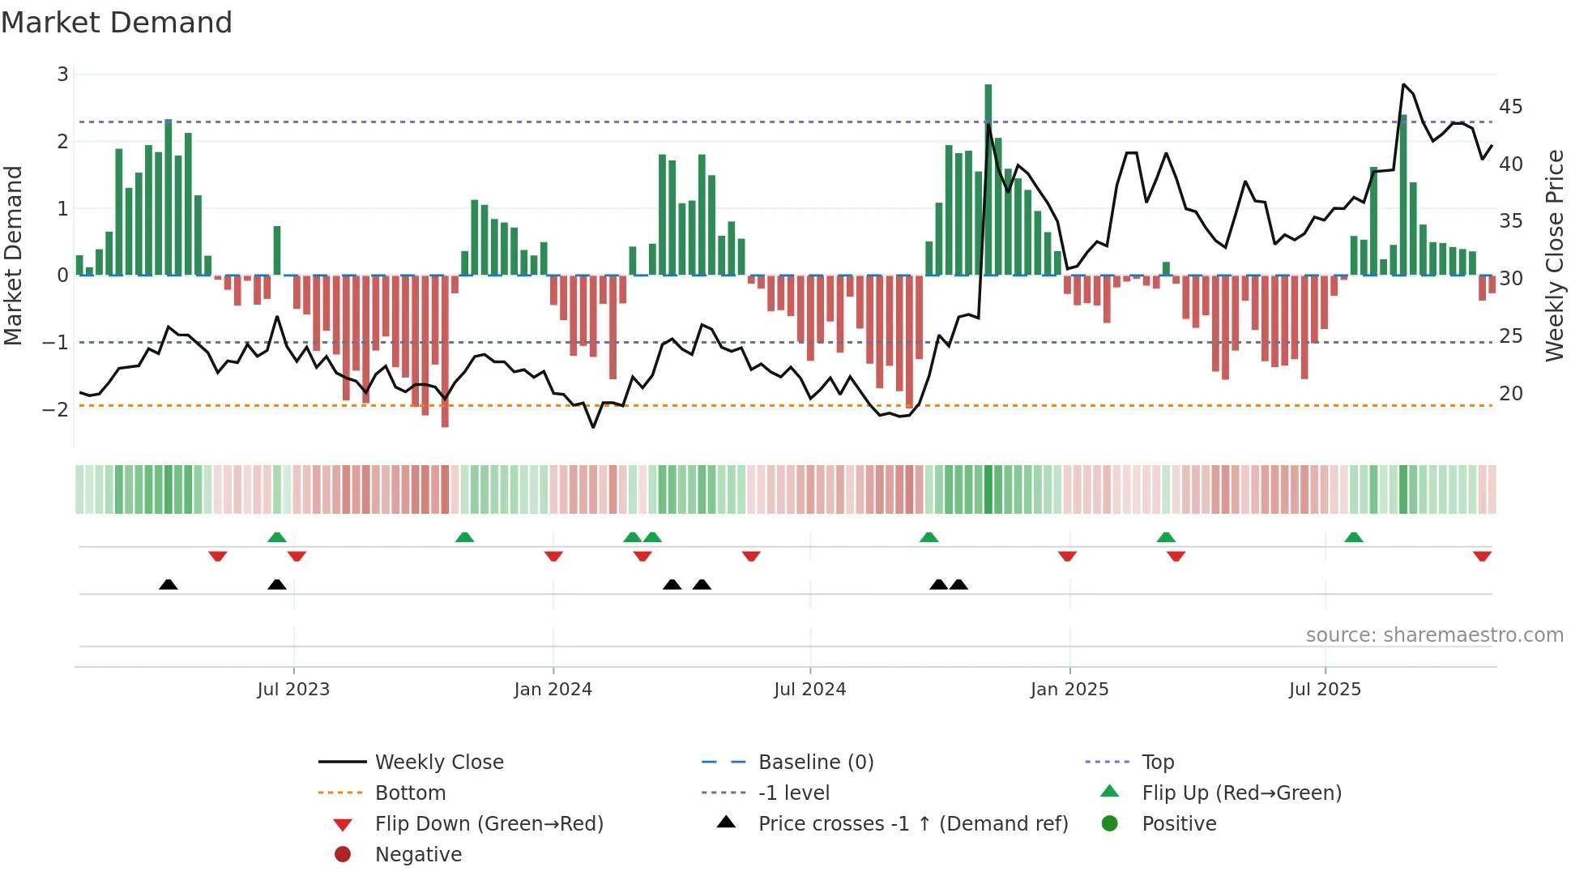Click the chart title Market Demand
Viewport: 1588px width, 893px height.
(x=117, y=23)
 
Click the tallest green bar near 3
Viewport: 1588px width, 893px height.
(x=988, y=178)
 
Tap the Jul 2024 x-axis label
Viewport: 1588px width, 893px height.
(x=809, y=690)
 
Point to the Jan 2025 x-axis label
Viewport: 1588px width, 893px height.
(x=1069, y=690)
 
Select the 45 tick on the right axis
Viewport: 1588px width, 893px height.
(x=1510, y=107)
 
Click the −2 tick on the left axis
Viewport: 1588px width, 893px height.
(x=55, y=409)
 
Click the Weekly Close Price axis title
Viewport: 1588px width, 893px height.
(x=1554, y=255)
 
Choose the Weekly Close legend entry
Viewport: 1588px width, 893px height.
(x=438, y=763)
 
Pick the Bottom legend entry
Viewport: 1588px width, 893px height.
(x=410, y=793)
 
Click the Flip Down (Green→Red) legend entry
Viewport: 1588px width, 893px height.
(x=489, y=824)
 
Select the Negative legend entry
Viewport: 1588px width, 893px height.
(x=418, y=855)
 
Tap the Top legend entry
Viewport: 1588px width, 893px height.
(x=1157, y=763)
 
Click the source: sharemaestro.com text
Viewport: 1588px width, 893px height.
(x=1434, y=635)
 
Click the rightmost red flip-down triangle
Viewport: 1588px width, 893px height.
(x=1482, y=557)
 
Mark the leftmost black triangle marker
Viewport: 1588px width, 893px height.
(x=168, y=585)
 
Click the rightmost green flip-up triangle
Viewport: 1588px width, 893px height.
(x=1353, y=537)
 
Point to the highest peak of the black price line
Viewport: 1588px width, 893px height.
(x=1403, y=84)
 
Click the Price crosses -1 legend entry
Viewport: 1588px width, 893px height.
(x=912, y=824)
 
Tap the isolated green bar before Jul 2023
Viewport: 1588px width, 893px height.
(x=277, y=250)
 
